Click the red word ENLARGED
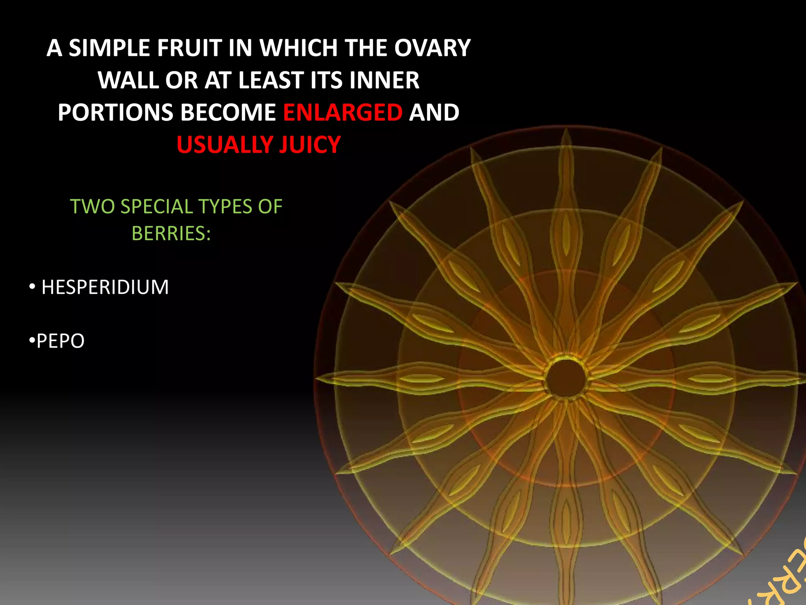(343, 113)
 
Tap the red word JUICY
(310, 145)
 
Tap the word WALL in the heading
(128, 80)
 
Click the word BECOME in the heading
(228, 113)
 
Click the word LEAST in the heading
(271, 80)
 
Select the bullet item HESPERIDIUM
(105, 287)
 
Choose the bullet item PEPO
(60, 341)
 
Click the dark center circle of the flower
(566, 379)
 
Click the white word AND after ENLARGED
(434, 113)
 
